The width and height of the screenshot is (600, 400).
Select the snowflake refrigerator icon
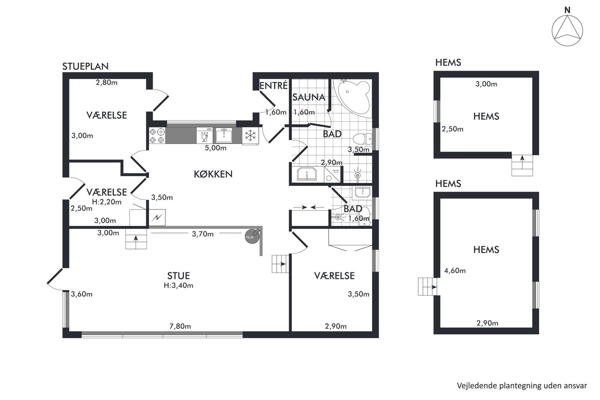(x=250, y=135)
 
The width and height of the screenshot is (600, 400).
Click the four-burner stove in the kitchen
(x=157, y=136)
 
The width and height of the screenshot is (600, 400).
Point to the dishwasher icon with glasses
(x=204, y=135)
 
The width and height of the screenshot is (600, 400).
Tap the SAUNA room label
(x=308, y=97)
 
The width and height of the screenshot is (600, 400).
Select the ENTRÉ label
(x=273, y=86)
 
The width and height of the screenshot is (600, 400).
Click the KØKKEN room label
(x=213, y=174)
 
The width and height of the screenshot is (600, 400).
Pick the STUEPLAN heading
(x=85, y=66)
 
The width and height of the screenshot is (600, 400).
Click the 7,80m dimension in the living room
(x=180, y=326)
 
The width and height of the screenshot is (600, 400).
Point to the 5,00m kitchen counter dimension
(x=216, y=148)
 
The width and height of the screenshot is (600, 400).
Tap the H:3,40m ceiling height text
(x=178, y=285)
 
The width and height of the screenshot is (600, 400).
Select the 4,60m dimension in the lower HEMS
(x=455, y=271)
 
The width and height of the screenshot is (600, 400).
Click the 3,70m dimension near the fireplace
(x=203, y=234)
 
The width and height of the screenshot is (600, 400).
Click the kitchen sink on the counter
(x=224, y=135)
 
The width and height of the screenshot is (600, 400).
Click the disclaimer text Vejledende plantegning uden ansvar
(x=522, y=386)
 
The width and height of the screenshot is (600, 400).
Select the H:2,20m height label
(x=107, y=202)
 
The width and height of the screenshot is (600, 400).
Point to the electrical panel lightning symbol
(x=157, y=217)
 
